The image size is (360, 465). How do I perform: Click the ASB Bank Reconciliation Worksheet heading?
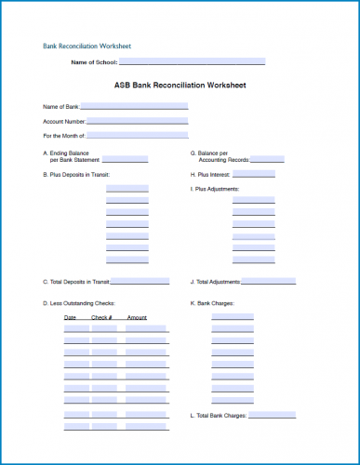pyautogui.click(x=180, y=85)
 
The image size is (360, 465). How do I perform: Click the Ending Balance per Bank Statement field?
pyautogui.click(x=118, y=159)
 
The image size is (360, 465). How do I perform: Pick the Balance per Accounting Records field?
pyautogui.click(x=267, y=159)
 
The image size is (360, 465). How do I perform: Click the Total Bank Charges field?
pyautogui.click(x=278, y=415)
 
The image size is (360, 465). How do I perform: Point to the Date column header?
pyautogui.click(x=70, y=318)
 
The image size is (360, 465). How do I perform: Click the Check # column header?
pyautogui.click(x=101, y=318)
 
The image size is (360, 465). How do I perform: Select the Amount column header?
pyautogui.click(x=137, y=318)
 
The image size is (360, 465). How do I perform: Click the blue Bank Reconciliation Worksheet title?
pyautogui.click(x=87, y=45)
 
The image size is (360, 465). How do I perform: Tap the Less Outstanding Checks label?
pyautogui.click(x=78, y=303)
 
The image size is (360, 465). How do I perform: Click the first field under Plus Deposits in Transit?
pyautogui.click(x=127, y=189)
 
